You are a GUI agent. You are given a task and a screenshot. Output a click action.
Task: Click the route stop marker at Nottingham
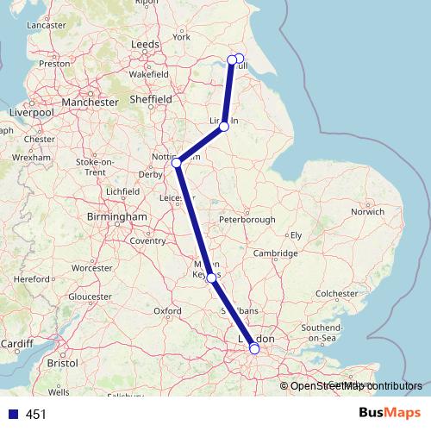point(177,162)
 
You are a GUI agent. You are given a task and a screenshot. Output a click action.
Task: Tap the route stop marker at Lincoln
point(224,127)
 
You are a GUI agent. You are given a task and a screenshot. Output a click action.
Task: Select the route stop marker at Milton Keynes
point(212,278)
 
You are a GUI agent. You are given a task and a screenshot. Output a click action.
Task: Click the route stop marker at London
point(253,349)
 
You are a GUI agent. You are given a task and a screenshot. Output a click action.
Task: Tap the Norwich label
point(367,210)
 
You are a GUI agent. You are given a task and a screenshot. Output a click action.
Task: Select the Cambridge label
point(276,253)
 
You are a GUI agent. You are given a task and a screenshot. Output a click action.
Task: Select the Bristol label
point(62,364)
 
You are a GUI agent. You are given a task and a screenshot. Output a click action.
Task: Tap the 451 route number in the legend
point(36,415)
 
